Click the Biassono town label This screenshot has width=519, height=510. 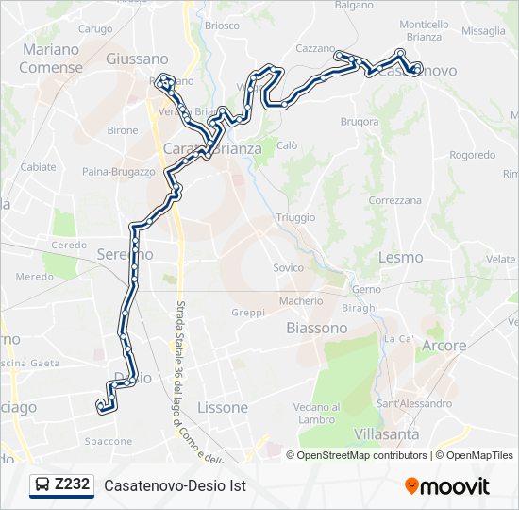tap(316, 328)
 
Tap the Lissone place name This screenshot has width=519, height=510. tap(223, 408)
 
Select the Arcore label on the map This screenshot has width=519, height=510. tap(444, 346)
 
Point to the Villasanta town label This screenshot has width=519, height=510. tap(387, 433)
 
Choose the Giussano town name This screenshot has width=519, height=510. tap(137, 59)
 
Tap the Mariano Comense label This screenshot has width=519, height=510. tap(51, 58)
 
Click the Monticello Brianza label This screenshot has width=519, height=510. tap(425, 30)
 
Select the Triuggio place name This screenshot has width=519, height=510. tap(295, 217)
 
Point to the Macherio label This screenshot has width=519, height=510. tap(300, 301)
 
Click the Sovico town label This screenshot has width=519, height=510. tap(289, 268)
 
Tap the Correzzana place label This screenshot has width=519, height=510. tap(395, 201)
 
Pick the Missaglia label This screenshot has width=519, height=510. tap(484, 31)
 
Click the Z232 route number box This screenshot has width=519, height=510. tap(73, 485)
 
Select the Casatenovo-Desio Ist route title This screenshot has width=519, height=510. tap(175, 486)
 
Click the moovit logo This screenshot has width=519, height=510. tap(447, 486)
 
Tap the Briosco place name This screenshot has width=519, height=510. tap(222, 25)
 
